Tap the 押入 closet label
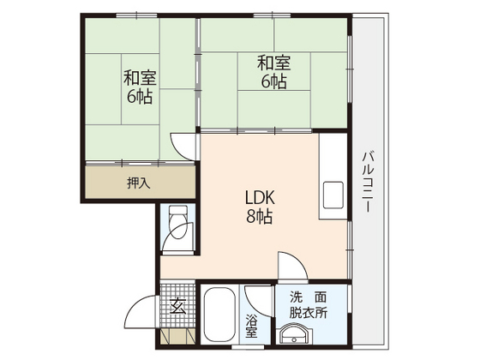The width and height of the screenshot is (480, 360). point(138,182)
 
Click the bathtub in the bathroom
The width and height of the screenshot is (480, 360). point(221,315)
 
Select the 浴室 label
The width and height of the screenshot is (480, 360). point(252,327)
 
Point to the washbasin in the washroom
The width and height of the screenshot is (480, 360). point(297,336)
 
